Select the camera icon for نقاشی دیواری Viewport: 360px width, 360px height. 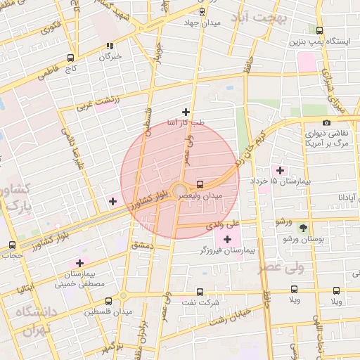pos(327,124)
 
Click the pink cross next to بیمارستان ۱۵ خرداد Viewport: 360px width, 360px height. pos(281,171)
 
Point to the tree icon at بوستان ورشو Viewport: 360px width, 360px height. pos(303,228)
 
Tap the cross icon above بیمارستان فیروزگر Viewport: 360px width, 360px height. pos(227,240)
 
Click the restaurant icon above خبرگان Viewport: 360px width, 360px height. pos(110,46)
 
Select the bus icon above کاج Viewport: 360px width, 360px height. pos(70,58)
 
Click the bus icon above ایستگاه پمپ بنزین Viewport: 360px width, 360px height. pos(320,30)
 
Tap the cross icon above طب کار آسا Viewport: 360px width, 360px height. pos(186,112)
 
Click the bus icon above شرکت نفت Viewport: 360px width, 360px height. pos(200,292)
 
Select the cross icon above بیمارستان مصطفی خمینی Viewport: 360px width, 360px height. pos(79,263)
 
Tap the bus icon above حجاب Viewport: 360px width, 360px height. pos(11,245)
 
